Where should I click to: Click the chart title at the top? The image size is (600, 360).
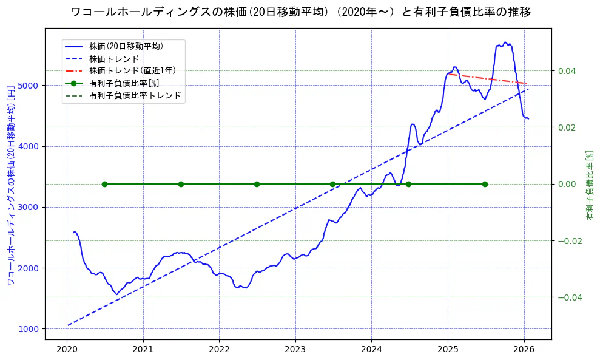tap(300, 12)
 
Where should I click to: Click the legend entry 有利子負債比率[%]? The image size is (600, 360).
tap(124, 83)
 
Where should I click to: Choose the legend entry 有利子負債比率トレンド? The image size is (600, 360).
tap(135, 96)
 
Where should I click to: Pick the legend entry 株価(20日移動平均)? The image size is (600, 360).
tap(126, 46)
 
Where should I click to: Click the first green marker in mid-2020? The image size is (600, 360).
tap(104, 184)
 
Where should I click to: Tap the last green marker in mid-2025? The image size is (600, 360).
tap(485, 184)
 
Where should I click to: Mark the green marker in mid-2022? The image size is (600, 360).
tap(257, 184)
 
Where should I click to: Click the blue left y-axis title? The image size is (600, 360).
tap(10, 185)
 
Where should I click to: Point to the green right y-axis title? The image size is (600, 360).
tap(589, 185)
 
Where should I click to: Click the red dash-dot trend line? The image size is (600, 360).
tap(485, 78)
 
